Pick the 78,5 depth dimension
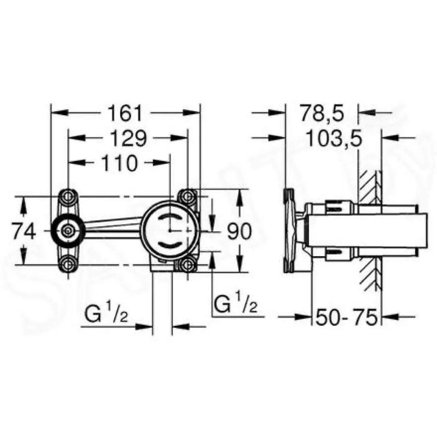[322, 114]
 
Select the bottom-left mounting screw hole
[68, 265]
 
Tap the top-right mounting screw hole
[187, 197]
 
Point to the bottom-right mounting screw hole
[187, 265]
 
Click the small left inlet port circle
[68, 231]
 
